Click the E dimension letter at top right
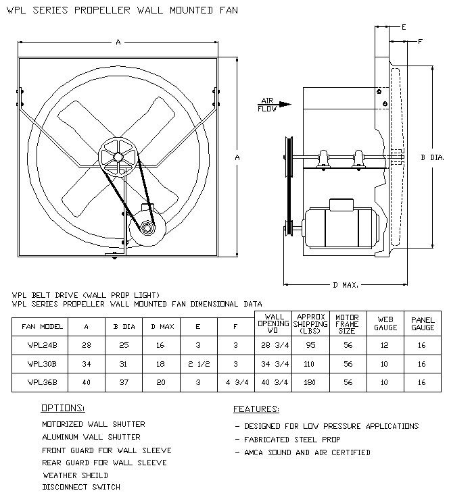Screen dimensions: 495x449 [x=404, y=28]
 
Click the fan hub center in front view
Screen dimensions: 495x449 [x=118, y=157]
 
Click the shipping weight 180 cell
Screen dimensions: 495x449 [x=309, y=382]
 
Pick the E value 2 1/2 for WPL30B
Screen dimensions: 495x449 [x=197, y=364]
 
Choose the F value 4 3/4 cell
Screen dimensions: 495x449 [x=235, y=382]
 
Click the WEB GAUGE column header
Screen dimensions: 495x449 [x=386, y=322]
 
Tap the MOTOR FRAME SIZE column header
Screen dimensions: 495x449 [x=348, y=322]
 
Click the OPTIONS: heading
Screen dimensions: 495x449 [x=63, y=409]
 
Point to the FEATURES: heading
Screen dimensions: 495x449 [x=256, y=409]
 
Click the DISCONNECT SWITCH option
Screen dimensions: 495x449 [x=81, y=487]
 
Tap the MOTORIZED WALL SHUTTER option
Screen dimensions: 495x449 [x=93, y=424]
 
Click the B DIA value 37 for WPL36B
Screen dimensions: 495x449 [x=118, y=382]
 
